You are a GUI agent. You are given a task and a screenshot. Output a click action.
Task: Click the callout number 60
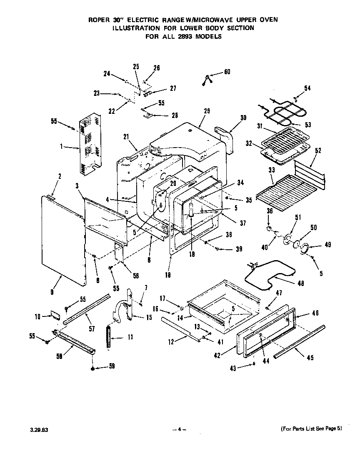point(227,72)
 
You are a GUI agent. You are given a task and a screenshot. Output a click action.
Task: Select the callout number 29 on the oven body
point(207,111)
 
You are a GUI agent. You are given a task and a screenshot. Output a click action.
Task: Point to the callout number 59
point(111,366)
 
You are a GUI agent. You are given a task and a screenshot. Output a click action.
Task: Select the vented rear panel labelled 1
point(90,144)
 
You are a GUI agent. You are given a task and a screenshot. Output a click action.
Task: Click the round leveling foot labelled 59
point(92,369)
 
